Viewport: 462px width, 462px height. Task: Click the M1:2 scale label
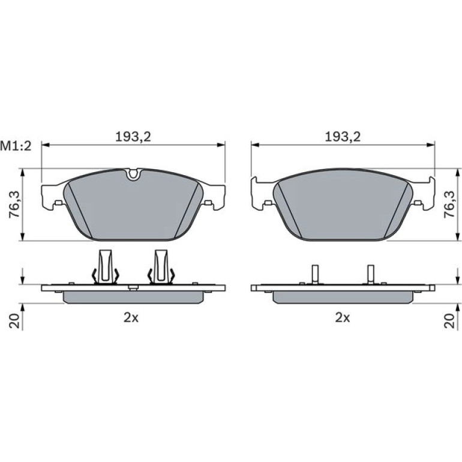point(16,146)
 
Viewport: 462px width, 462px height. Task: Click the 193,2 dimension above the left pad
point(133,137)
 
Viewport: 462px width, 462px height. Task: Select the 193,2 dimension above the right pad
point(343,137)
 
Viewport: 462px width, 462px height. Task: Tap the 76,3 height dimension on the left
point(14,204)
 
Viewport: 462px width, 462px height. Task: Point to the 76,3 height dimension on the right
point(449,204)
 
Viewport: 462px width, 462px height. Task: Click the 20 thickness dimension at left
point(15,321)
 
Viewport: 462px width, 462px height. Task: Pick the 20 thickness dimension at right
point(449,321)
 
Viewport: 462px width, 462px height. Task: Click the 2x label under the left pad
point(131,317)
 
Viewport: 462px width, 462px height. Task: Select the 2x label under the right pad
point(343,317)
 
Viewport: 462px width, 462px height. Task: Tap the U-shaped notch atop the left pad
point(133,175)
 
